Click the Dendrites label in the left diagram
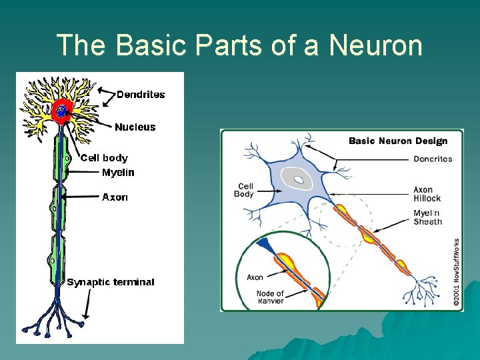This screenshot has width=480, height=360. tap(141, 95)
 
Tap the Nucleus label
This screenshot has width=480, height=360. tap(135, 127)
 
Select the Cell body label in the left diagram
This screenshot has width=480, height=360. tap(104, 158)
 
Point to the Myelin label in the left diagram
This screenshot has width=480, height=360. tap(118, 173)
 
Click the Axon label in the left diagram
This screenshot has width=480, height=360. tap(115, 197)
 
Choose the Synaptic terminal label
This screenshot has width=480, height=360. tap(111, 282)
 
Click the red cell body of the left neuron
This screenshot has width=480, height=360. tap(62, 112)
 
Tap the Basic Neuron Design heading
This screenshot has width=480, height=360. tap(398, 141)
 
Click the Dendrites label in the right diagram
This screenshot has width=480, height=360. tap(433, 159)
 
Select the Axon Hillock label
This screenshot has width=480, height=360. tap(427, 194)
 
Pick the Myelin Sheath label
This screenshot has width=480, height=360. tap(427, 217)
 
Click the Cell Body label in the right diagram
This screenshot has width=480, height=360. tap(243, 190)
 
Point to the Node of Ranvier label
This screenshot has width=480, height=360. tap(270, 297)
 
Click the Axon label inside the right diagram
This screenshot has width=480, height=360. tap(255, 277)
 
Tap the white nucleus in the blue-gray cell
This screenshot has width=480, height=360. tap(295, 178)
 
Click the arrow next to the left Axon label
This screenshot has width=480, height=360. tap(81, 197)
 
